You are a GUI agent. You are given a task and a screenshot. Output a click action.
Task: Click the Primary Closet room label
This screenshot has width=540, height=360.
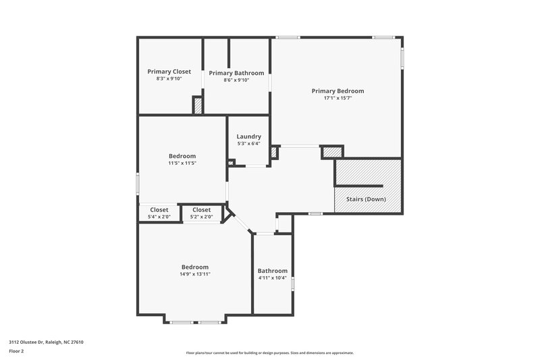[x=169, y=72]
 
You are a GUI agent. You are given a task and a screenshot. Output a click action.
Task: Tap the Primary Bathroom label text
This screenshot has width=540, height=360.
[x=236, y=73]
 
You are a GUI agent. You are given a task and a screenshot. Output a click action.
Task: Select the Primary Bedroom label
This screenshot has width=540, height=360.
[x=337, y=91]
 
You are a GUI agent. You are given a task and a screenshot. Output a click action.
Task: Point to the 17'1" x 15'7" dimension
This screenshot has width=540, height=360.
[x=337, y=99]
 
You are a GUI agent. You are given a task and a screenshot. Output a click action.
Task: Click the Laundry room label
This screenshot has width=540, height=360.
[x=248, y=136]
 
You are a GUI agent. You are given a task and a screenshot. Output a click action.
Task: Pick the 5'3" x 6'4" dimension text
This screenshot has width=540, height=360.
[x=248, y=143]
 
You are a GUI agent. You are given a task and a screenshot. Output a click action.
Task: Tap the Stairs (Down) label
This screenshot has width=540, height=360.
[x=367, y=199]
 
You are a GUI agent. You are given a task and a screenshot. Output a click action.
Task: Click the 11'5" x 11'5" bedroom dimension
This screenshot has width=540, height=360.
[x=182, y=163]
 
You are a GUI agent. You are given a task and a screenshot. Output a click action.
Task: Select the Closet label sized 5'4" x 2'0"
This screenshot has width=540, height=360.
[x=159, y=210]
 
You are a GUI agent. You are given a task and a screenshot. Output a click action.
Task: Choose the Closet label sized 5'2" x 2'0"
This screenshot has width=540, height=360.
[x=201, y=210]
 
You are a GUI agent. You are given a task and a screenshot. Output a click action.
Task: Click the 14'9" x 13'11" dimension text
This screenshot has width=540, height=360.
[x=194, y=274]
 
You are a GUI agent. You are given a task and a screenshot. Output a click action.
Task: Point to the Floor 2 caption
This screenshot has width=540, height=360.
[x=16, y=351]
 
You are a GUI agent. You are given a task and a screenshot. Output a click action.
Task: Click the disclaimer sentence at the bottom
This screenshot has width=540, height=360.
[x=269, y=353]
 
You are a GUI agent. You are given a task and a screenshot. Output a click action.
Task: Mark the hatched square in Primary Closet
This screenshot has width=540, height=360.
[x=198, y=106]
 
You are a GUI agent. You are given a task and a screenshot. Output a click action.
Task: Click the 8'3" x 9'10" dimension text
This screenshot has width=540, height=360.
[x=169, y=79]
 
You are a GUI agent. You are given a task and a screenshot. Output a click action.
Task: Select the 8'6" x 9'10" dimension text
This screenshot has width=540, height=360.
[x=236, y=80]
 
